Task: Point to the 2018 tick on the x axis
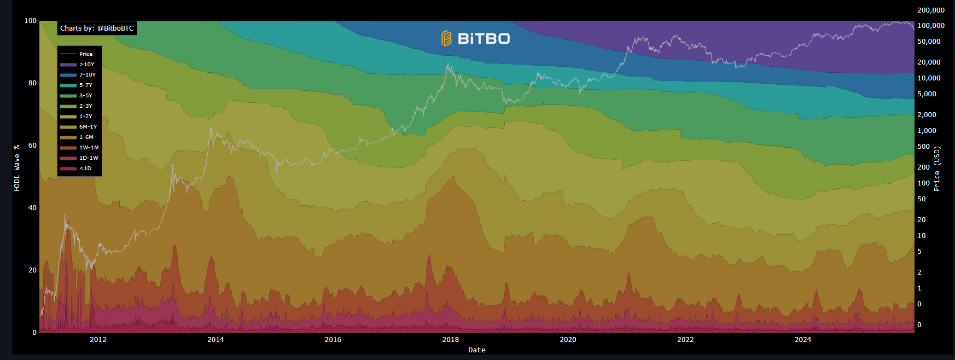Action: pos(451,340)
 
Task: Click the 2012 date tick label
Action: pos(98,340)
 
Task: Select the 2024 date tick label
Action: pos(803,340)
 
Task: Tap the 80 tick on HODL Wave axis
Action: pos(32,83)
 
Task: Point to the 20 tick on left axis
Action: pos(32,270)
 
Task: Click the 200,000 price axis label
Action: pos(931,10)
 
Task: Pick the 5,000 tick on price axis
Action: pos(927,94)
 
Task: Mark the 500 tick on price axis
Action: pos(923,147)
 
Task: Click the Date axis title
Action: pos(476,350)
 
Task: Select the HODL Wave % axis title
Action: pos(17,168)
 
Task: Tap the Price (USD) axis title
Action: pos(937,168)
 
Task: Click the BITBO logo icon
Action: pos(446,38)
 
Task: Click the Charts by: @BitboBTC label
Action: pos(97,28)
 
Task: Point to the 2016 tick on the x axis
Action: pos(333,340)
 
